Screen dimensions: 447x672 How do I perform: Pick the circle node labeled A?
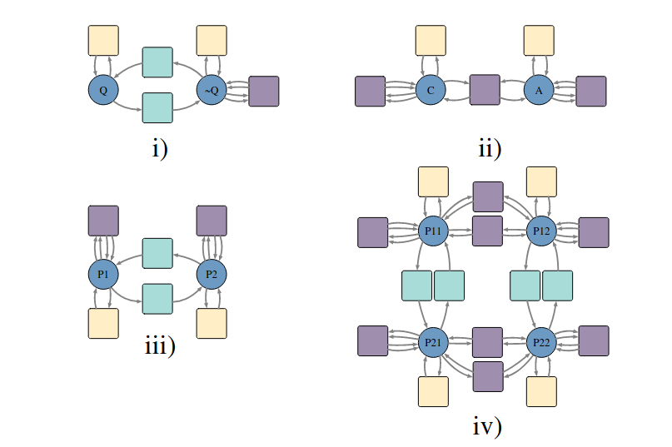[539, 90]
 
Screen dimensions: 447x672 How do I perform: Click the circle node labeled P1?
[103, 273]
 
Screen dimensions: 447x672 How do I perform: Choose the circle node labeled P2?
[212, 273]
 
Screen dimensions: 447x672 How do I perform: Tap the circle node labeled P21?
[433, 341]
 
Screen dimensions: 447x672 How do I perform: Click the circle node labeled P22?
[541, 341]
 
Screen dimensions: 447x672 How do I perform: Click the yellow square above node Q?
[103, 40]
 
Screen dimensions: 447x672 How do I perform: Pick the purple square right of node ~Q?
[264, 91]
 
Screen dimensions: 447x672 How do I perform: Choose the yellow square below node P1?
[103, 323]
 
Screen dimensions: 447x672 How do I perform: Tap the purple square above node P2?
[212, 221]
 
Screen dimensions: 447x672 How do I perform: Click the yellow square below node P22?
[541, 391]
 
